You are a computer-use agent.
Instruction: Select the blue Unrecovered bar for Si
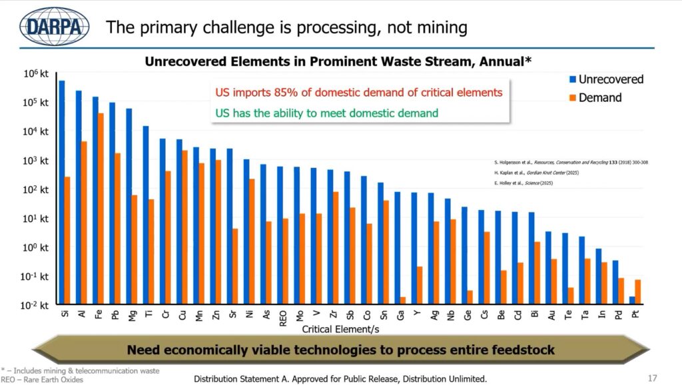coord(62,192)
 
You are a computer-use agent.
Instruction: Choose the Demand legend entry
coord(593,98)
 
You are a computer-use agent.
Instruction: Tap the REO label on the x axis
coord(283,318)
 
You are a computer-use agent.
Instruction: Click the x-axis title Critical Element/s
coord(340,329)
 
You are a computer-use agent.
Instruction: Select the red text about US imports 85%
coord(358,93)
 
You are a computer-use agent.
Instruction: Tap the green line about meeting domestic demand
coord(326,113)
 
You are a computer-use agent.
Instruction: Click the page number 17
coord(652,378)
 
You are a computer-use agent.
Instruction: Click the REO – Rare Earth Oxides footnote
coord(42,380)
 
